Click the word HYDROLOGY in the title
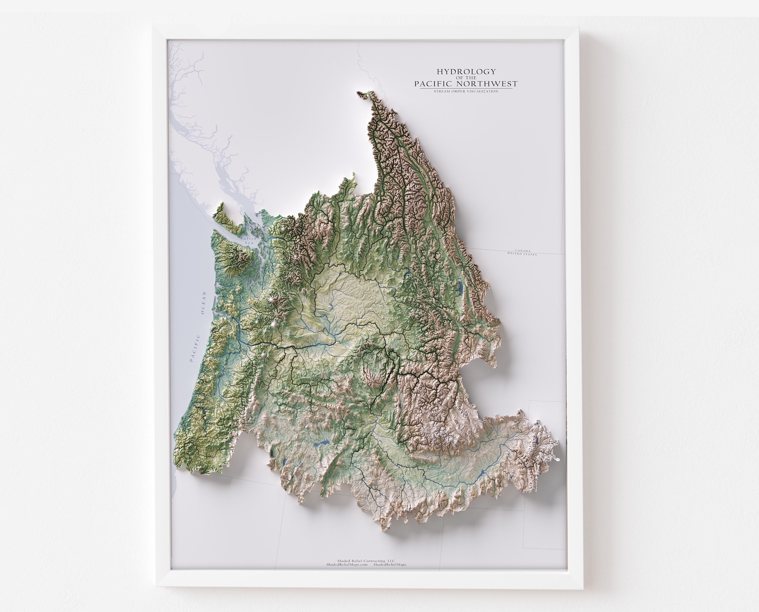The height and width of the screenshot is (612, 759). point(466,72)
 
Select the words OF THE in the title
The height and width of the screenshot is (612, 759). point(466,78)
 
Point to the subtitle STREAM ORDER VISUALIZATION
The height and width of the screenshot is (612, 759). point(466,91)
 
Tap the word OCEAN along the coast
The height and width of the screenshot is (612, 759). point(203,303)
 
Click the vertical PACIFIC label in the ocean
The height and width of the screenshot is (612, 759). point(195,348)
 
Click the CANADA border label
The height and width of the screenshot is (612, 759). point(522,251)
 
